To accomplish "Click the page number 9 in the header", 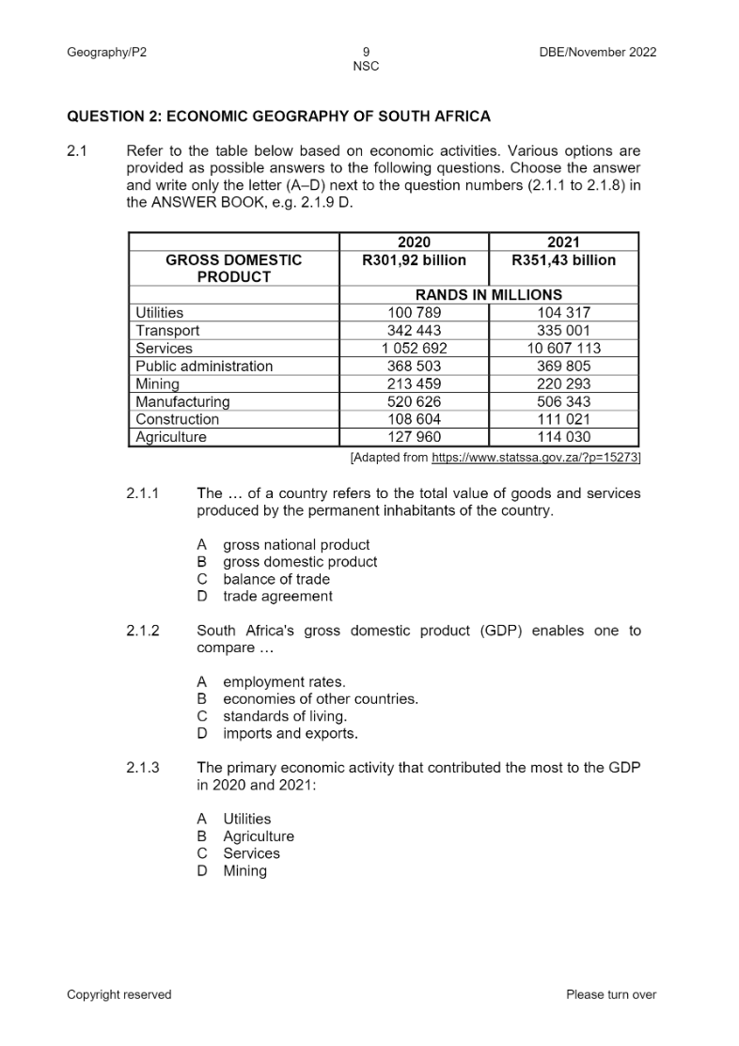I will coord(366,52).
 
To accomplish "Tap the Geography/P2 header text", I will coord(106,52).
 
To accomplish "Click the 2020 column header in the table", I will coord(414,242).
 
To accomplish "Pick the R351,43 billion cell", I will coord(563,260).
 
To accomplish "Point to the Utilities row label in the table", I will coord(160,313).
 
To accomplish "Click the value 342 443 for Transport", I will coord(414,331).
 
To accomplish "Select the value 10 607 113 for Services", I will coord(563,349).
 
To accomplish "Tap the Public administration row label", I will coord(204,367).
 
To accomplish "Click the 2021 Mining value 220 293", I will coord(563,384).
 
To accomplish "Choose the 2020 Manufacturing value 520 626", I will coord(414,402).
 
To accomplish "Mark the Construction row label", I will coord(177,420).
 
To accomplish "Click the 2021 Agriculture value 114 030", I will coord(563,438).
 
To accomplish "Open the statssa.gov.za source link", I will coord(534,458).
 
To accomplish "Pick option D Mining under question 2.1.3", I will coord(244,871).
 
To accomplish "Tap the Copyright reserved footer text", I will coord(119,994).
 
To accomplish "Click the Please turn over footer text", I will coord(611,994).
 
